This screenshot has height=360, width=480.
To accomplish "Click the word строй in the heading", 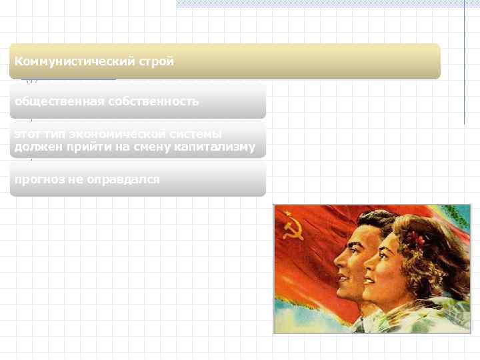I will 157,62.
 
